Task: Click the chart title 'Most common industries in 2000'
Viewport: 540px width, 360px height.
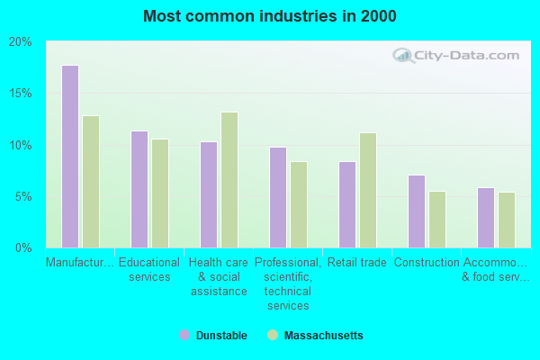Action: point(269,16)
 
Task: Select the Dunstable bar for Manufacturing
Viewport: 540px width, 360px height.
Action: point(70,157)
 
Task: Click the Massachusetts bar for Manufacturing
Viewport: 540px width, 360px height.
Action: point(91,182)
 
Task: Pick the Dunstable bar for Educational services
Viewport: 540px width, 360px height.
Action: point(139,189)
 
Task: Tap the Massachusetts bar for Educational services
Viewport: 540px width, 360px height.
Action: point(160,193)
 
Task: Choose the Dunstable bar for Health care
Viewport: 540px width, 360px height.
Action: point(209,194)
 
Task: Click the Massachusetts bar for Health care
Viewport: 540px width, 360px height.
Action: point(229,180)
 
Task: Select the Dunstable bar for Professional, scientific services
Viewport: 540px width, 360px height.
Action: point(278,197)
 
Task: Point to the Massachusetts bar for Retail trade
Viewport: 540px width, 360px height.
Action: point(368,190)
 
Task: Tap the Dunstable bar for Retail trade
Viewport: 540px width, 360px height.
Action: point(347,204)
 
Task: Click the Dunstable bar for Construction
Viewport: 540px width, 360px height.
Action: point(417,211)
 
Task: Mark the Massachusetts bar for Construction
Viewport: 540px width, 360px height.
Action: point(437,220)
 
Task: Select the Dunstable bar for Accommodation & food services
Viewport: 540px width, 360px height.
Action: point(486,218)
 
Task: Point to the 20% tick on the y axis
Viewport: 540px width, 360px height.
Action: point(21,42)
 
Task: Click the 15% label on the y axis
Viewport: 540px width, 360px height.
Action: point(21,94)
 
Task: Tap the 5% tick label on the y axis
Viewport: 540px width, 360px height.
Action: point(23,196)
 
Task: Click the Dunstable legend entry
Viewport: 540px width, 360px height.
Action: point(213,336)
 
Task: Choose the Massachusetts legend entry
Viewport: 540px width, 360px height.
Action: point(315,336)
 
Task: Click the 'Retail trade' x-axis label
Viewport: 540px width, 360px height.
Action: point(357,263)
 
